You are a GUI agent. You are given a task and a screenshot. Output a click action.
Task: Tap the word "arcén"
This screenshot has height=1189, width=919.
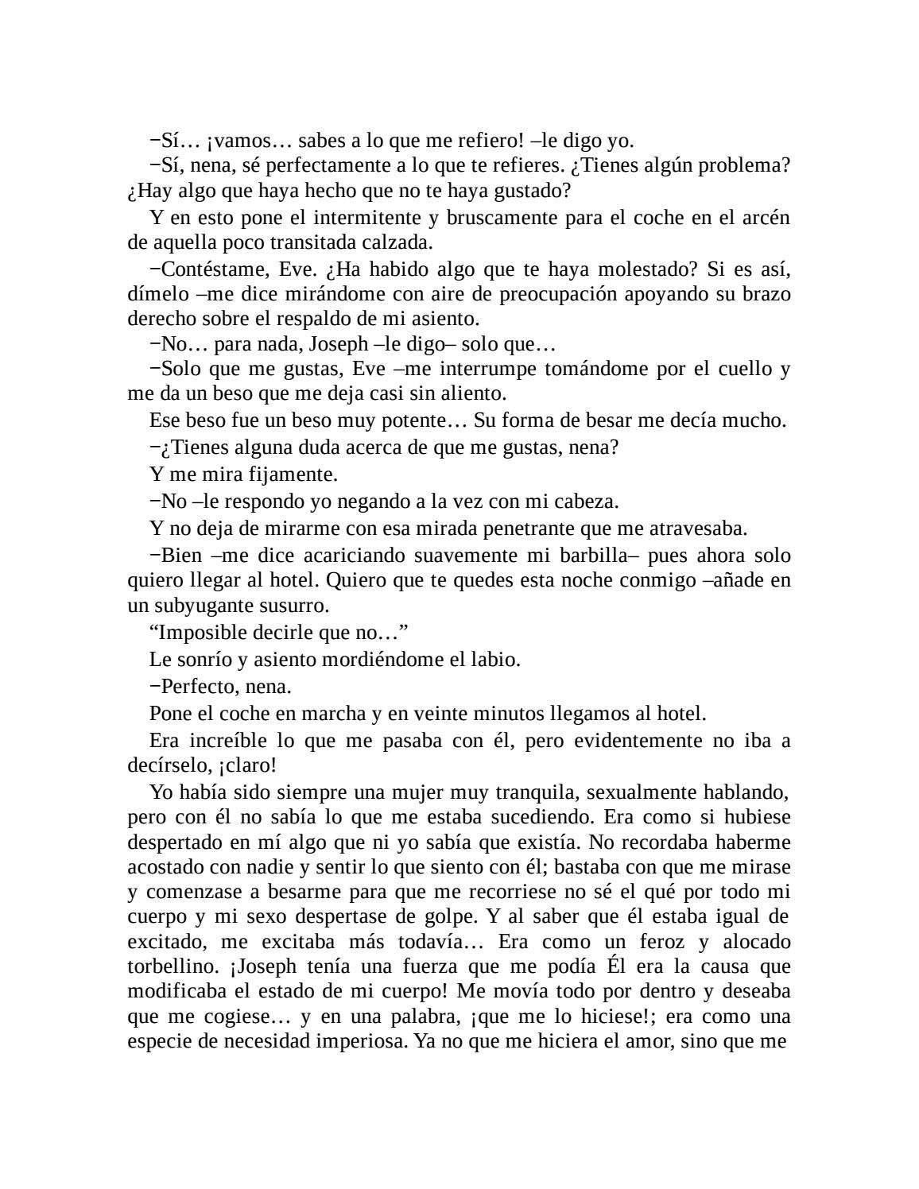(x=766, y=218)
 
